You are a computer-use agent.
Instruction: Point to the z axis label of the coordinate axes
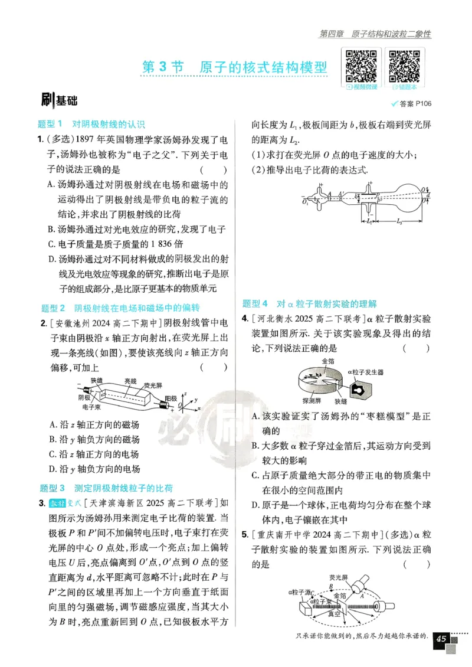tap(185, 392)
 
